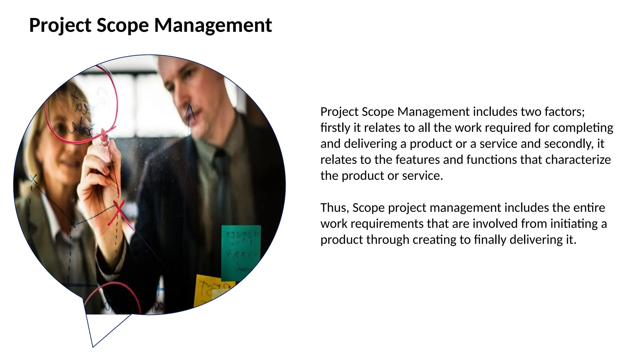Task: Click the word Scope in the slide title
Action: pos(122,25)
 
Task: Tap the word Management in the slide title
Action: pos(213,25)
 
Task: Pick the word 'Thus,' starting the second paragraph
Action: pos(335,208)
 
